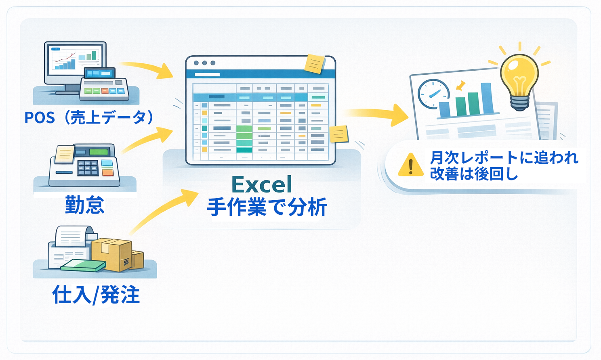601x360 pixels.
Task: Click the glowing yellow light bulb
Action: click(x=519, y=79)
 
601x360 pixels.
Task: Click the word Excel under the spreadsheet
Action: click(x=262, y=185)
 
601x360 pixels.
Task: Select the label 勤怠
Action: click(x=85, y=205)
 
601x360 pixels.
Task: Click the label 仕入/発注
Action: click(x=96, y=295)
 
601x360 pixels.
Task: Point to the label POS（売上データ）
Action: click(x=89, y=117)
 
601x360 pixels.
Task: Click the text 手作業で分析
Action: click(x=267, y=207)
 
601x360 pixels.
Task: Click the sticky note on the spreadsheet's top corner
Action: click(x=315, y=64)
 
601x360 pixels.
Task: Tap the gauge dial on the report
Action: click(x=433, y=94)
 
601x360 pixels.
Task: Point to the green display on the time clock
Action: click(x=99, y=152)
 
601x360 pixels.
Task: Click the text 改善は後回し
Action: click(x=473, y=174)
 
